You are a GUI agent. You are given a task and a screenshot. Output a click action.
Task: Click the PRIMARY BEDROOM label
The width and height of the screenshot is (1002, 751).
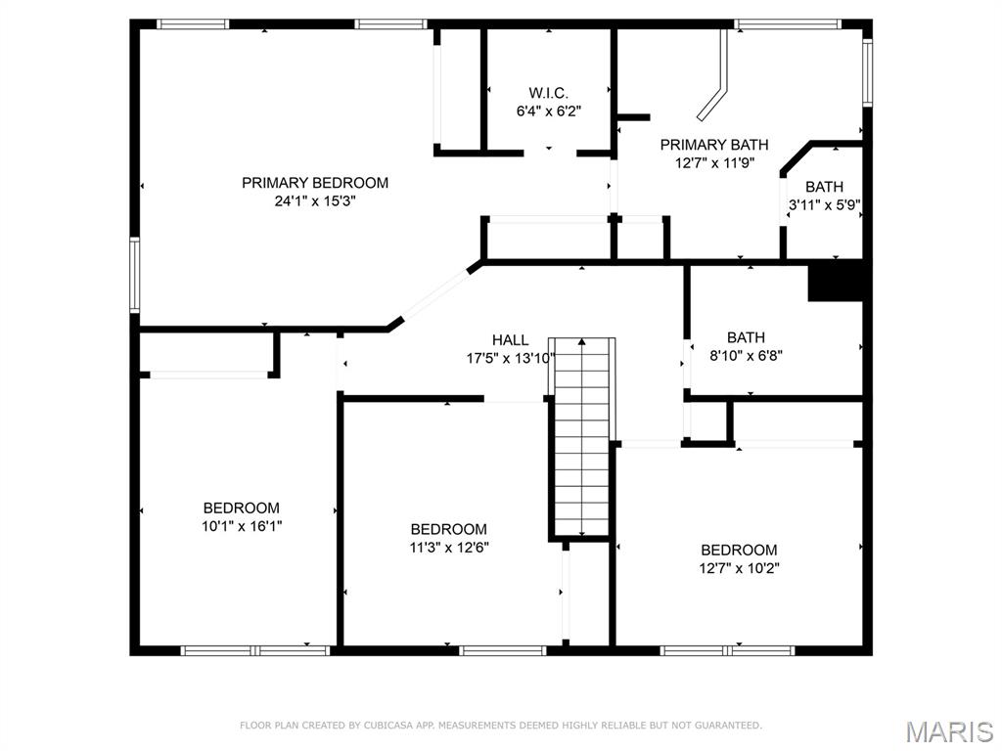tap(315, 183)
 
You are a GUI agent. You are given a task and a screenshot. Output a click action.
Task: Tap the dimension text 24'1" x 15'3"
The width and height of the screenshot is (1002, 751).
tap(315, 201)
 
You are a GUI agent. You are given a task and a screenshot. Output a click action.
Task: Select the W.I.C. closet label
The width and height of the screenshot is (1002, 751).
tap(548, 93)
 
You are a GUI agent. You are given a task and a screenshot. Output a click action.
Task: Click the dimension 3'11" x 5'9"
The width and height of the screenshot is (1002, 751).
tap(824, 205)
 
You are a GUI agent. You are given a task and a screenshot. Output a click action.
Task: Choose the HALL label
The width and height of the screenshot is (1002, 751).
tap(511, 340)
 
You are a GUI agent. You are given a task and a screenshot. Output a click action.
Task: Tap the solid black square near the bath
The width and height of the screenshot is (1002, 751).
tap(835, 282)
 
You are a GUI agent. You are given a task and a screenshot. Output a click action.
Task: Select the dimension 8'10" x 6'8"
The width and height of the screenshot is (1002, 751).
tap(746, 356)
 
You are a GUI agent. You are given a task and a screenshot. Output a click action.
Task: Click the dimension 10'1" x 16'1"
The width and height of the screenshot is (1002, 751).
tap(242, 526)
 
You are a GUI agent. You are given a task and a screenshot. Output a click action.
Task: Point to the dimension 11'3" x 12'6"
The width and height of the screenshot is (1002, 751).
tap(449, 548)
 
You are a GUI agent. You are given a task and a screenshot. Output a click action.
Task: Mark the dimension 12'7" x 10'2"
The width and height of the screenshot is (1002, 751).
tap(739, 568)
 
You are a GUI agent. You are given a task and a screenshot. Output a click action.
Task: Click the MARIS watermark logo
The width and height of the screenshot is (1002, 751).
tap(949, 731)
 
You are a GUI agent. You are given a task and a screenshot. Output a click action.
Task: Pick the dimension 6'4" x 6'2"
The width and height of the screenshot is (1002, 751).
tap(548, 111)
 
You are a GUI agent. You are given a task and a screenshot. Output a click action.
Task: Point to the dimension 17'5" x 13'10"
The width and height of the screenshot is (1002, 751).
tap(511, 359)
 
